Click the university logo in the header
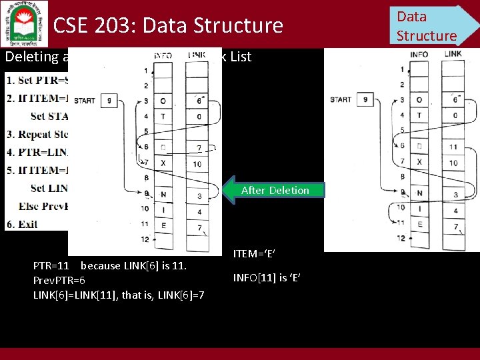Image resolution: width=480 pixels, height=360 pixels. pyautogui.click(x=25, y=24)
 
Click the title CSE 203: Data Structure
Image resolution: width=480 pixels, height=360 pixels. pyautogui.click(x=168, y=26)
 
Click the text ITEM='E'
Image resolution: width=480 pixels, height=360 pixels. pyautogui.click(x=255, y=253)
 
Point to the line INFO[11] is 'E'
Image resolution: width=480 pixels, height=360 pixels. pyautogui.click(x=267, y=277)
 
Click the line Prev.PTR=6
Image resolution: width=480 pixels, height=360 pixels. pyautogui.click(x=60, y=281)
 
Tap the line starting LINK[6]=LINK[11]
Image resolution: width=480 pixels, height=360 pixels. pyautogui.click(x=119, y=295)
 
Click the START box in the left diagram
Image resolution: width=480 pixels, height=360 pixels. pyautogui.click(x=108, y=101)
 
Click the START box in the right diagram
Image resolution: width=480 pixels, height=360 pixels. pyautogui.click(x=365, y=100)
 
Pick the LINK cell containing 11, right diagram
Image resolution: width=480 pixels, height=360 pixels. pyautogui.click(x=453, y=146)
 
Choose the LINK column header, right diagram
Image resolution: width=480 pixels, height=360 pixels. pyautogui.click(x=452, y=54)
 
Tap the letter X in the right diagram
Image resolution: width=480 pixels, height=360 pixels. pyautogui.click(x=419, y=162)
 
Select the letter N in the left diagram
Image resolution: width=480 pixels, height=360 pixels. pyautogui.click(x=163, y=195)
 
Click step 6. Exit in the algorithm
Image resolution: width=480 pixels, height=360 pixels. pyautogui.click(x=22, y=224)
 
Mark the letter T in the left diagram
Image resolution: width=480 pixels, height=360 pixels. pyautogui.click(x=163, y=116)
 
